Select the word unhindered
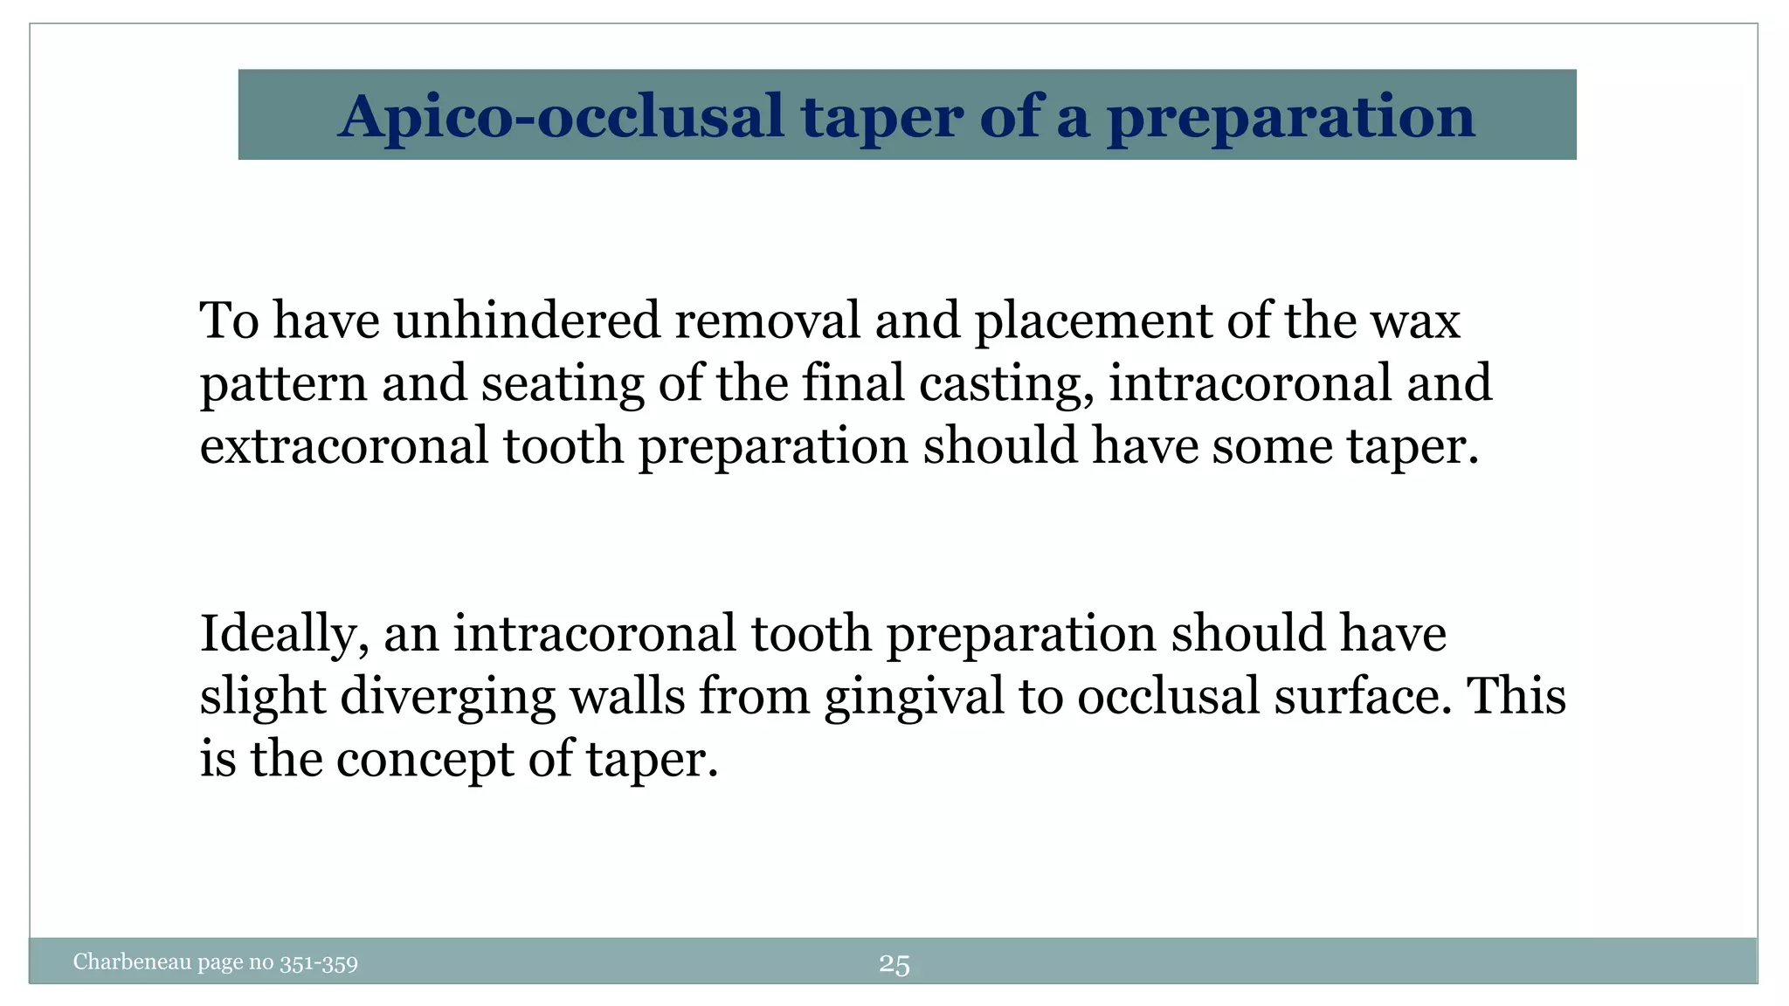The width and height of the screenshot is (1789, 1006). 527,320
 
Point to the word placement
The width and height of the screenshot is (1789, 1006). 1093,320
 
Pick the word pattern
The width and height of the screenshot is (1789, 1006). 283,384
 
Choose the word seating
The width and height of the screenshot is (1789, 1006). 562,384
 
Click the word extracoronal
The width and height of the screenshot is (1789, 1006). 344,446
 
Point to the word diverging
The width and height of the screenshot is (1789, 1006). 447,697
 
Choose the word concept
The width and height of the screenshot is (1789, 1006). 425,759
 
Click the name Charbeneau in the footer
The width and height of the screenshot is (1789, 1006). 132,962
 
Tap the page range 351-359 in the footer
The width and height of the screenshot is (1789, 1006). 319,964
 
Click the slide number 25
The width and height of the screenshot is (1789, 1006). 894,964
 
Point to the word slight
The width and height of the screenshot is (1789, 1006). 262,697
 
